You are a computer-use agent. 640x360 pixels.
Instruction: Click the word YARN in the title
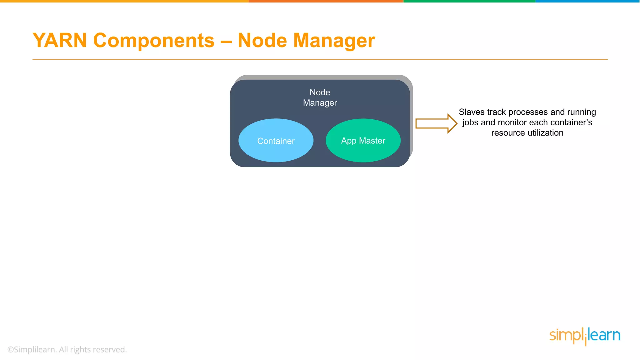[x=60, y=41]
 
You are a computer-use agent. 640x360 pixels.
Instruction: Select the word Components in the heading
[x=154, y=41]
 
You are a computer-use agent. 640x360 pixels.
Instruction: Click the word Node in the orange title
[x=262, y=41]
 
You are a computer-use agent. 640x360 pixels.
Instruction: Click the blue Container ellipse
[x=276, y=141]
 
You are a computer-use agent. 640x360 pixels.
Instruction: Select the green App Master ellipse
[x=363, y=141]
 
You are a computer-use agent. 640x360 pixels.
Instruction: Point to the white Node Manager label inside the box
[x=320, y=97]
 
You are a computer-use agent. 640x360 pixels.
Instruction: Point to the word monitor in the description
[x=512, y=122]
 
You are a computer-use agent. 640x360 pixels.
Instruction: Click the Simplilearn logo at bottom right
[x=584, y=336]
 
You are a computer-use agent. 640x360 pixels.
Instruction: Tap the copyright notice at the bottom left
[x=67, y=349]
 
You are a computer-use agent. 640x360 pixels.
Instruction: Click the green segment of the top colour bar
[x=469, y=1]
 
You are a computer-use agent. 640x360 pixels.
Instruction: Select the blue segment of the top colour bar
[x=587, y=1]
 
